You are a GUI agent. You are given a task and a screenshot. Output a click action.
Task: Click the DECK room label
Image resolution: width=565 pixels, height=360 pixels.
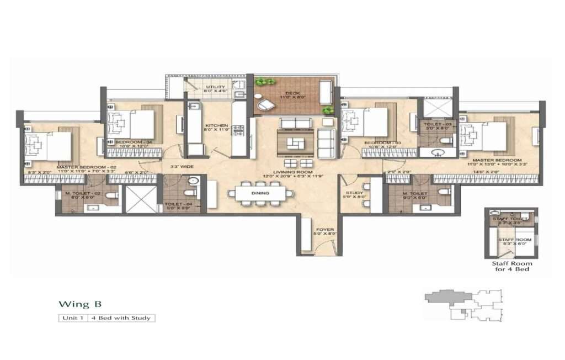[x=293, y=93]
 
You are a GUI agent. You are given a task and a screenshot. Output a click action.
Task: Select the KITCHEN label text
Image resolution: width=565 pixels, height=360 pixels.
[x=212, y=125]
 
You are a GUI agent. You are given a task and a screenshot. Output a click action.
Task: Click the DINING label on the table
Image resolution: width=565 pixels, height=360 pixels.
[x=260, y=193]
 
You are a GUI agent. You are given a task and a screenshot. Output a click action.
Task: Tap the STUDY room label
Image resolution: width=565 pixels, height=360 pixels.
[x=354, y=193]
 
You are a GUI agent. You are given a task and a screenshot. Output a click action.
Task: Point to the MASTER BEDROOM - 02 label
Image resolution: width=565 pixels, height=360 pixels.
[x=82, y=167]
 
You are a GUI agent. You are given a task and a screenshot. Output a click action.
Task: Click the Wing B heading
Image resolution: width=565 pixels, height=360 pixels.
[x=80, y=304]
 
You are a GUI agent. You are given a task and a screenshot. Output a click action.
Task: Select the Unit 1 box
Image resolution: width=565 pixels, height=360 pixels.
[x=74, y=318]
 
